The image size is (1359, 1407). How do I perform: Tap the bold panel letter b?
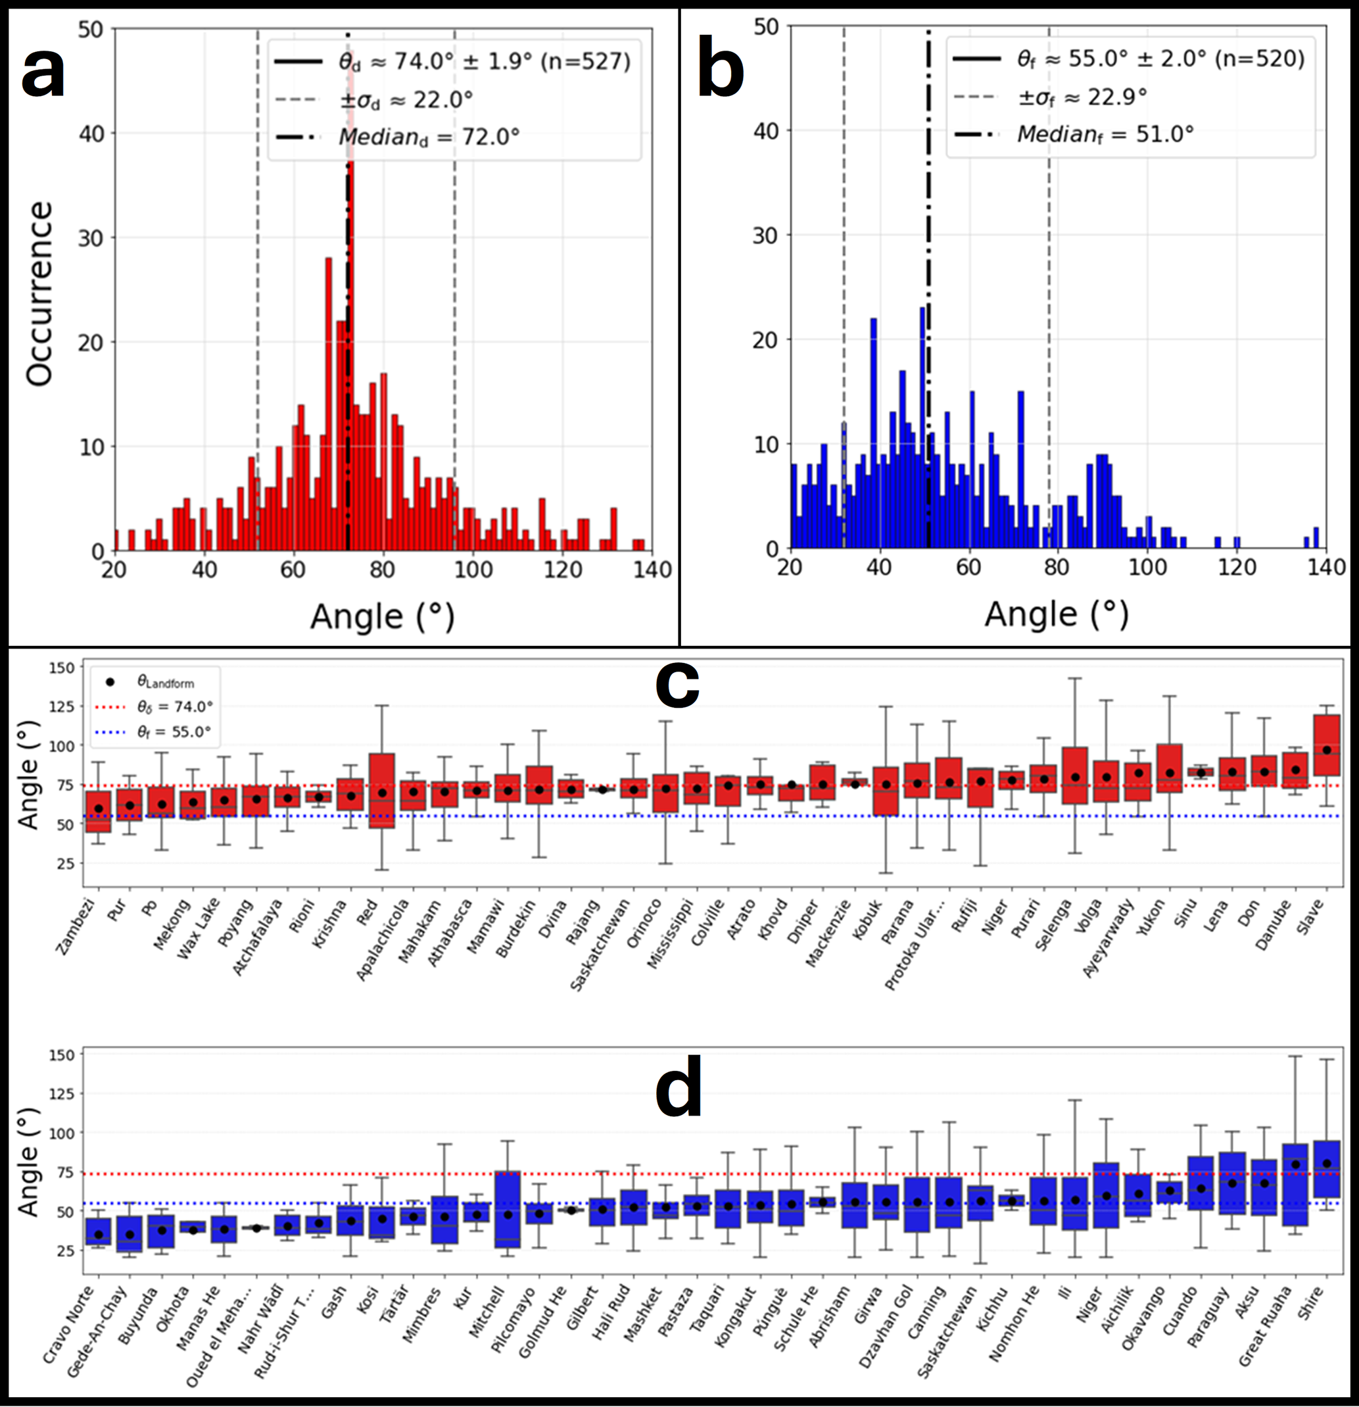click(721, 74)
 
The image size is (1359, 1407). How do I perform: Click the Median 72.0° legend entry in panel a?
click(429, 136)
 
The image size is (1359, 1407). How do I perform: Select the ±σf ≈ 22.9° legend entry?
click(1083, 97)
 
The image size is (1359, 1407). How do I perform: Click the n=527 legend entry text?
click(584, 62)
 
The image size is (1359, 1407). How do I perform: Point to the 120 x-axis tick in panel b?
click(1236, 568)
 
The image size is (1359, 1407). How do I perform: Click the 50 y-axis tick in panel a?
click(91, 30)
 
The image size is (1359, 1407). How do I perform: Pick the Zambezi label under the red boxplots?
click(76, 927)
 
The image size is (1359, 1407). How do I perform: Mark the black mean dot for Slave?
click(1327, 750)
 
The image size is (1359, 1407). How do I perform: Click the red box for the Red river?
click(383, 789)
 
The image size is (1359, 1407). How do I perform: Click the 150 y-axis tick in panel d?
click(62, 1055)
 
